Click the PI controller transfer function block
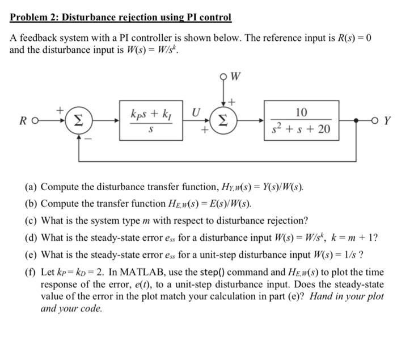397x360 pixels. (x=150, y=120)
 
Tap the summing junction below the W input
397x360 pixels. (x=221, y=120)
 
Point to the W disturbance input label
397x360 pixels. (x=235, y=74)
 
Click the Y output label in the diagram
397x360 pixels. (x=387, y=120)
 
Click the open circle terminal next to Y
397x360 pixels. (x=375, y=120)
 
